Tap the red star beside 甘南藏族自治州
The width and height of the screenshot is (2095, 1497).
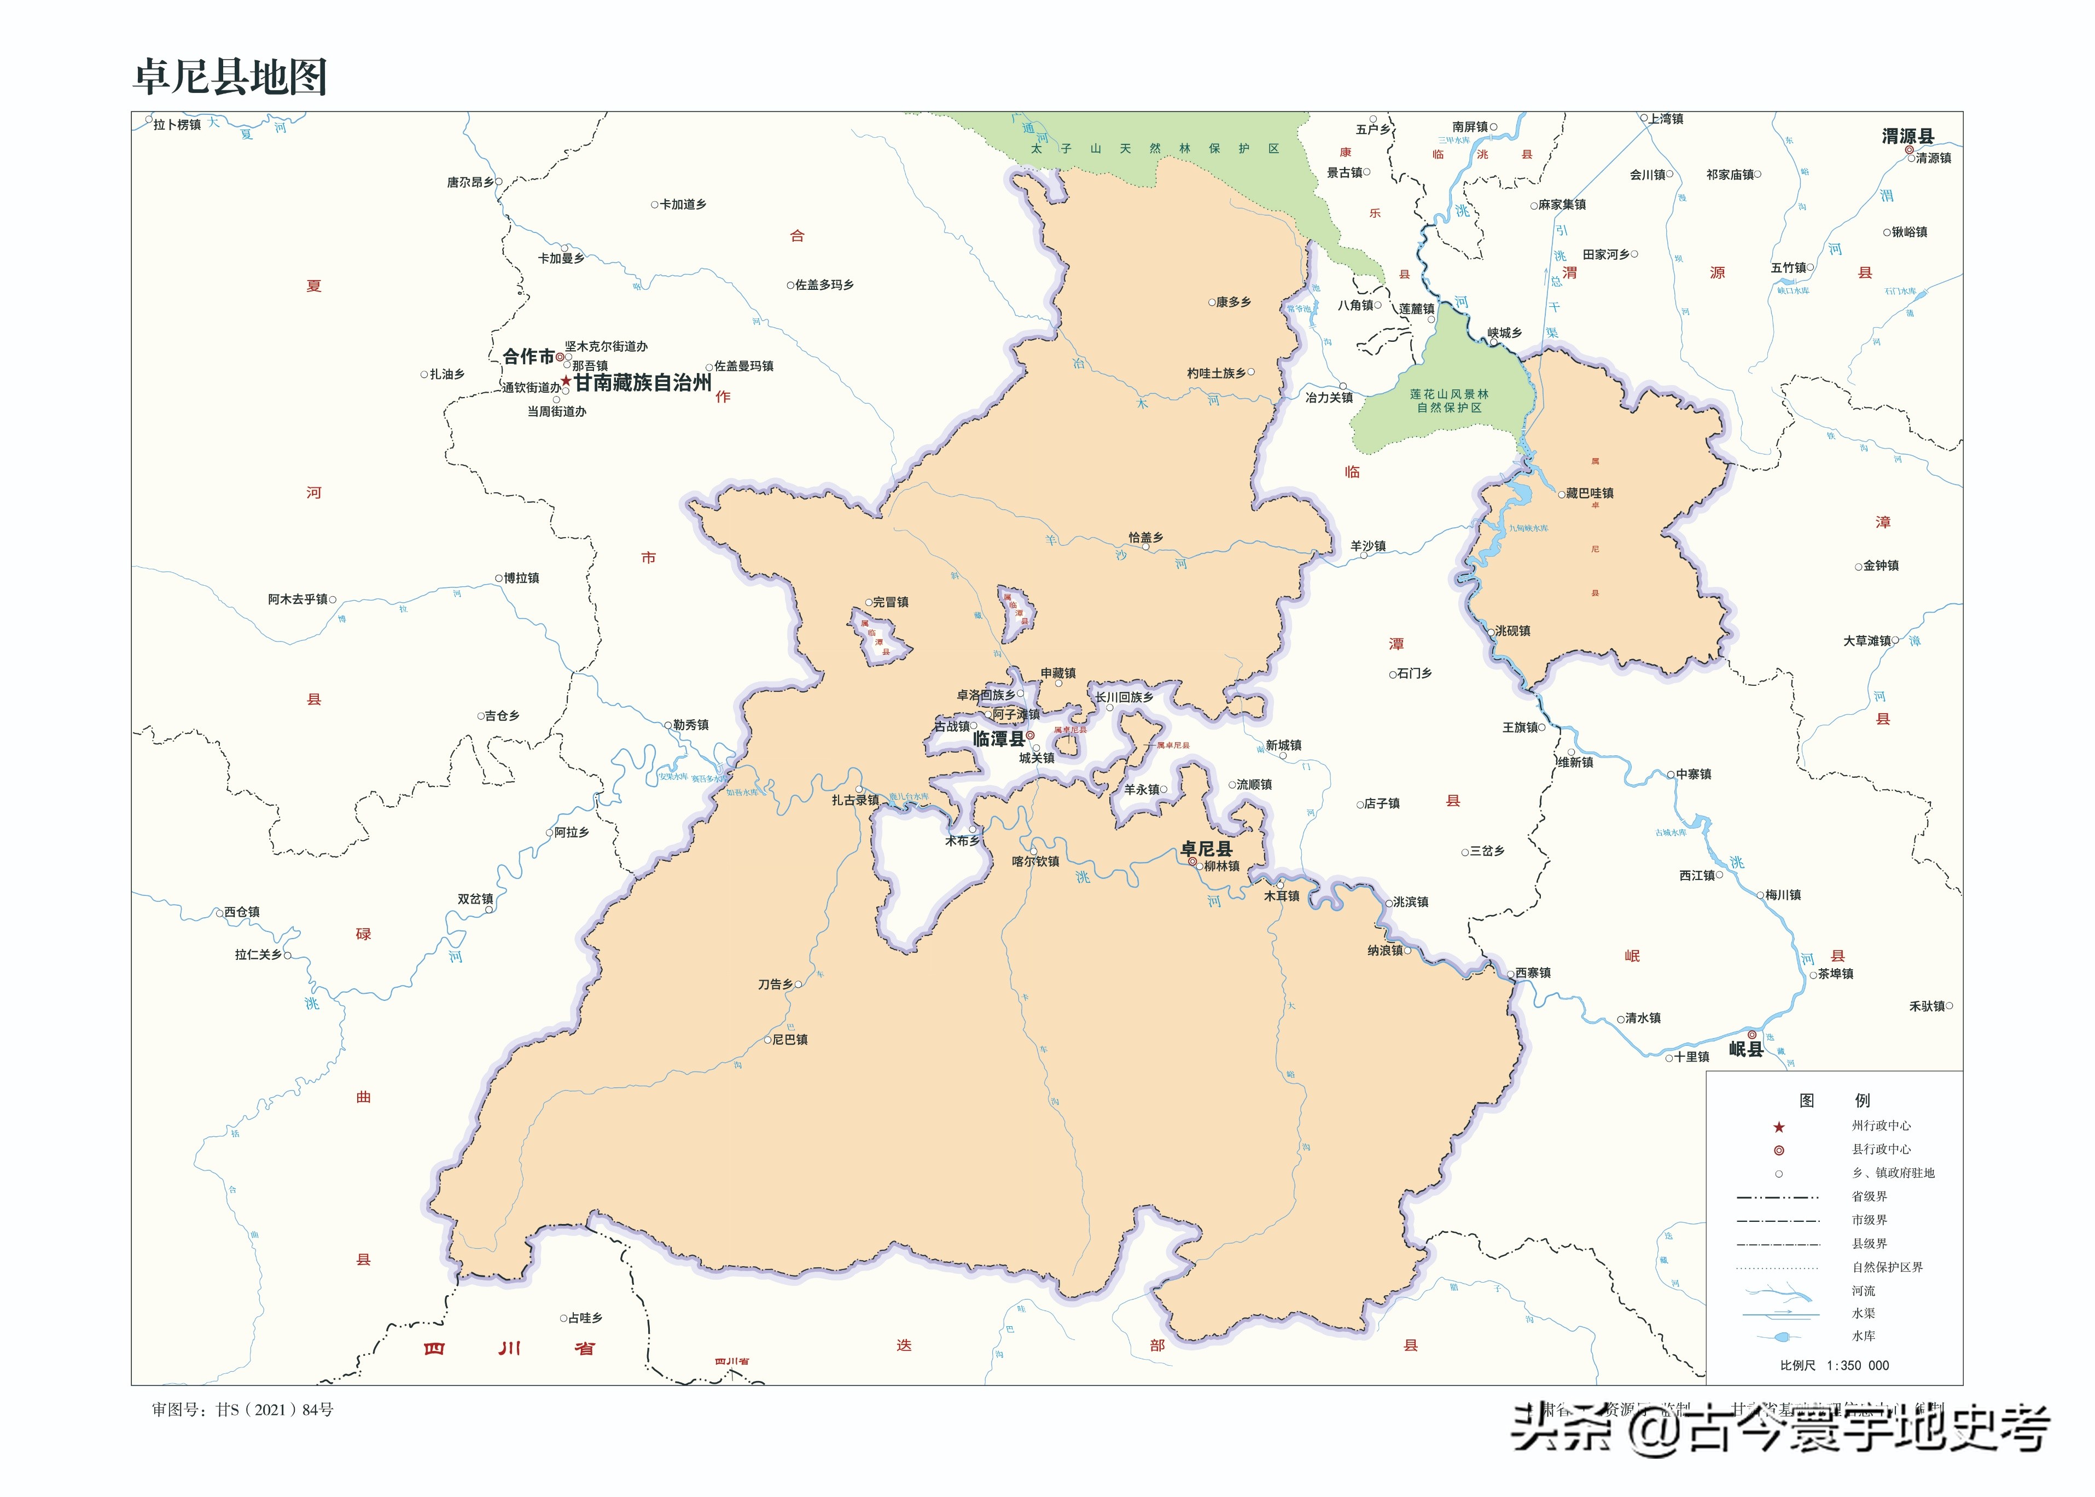pyautogui.click(x=566, y=381)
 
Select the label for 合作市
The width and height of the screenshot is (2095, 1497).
pyautogui.click(x=528, y=356)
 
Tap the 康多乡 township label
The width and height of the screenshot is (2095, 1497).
pyautogui.click(x=1233, y=302)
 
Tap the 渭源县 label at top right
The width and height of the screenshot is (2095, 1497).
pyautogui.click(x=1907, y=136)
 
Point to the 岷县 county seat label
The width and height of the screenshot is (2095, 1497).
pyautogui.click(x=1745, y=1049)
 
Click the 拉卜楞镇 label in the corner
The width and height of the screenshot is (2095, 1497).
pyautogui.click(x=177, y=125)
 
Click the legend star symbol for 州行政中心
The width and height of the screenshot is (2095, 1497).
pyautogui.click(x=1779, y=1126)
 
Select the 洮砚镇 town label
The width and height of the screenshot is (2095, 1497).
pyautogui.click(x=1512, y=631)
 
